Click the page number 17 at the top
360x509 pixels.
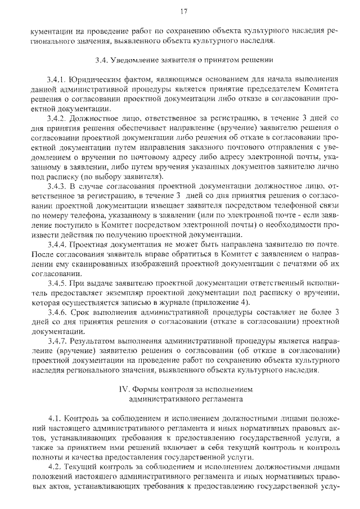183,12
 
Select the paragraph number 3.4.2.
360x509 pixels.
58,119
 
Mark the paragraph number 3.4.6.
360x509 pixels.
58,312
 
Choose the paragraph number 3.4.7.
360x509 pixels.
58,341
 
